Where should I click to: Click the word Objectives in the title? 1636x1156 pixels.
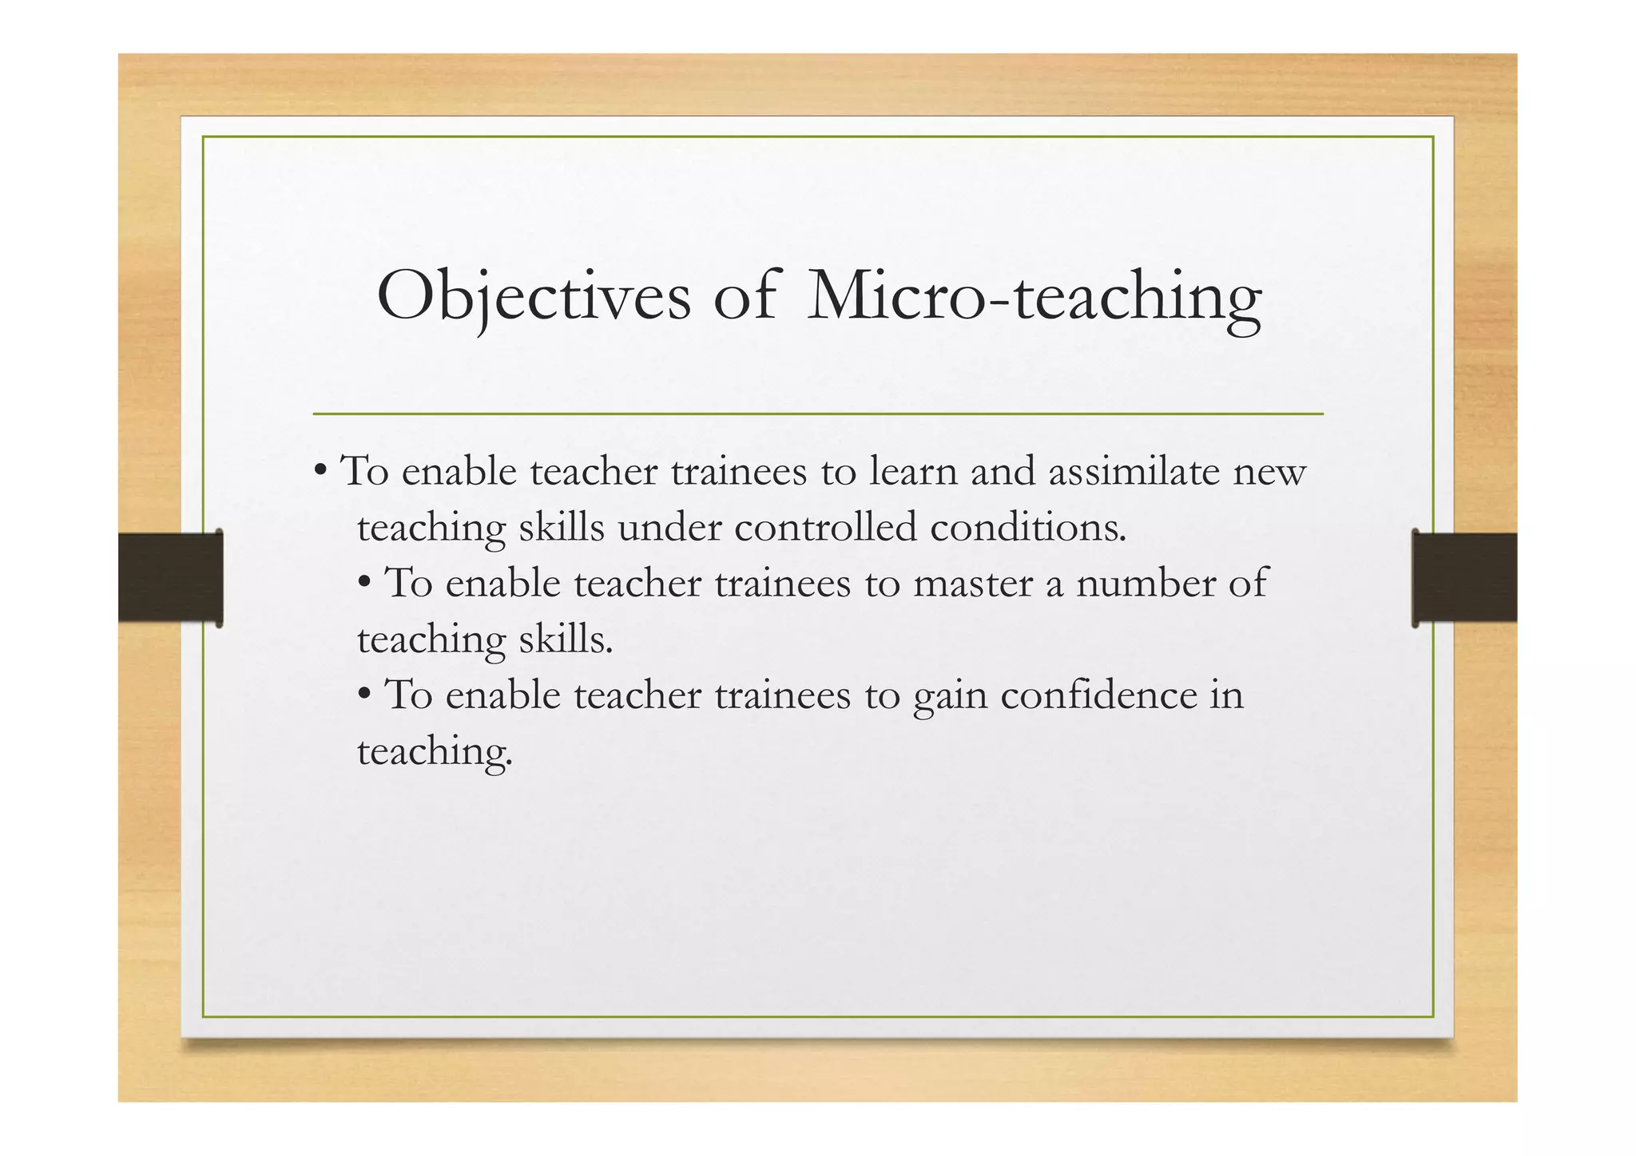tap(534, 297)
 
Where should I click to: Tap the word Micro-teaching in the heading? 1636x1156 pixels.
tap(1034, 297)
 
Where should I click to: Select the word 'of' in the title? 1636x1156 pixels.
tap(744, 297)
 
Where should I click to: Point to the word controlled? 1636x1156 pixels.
tap(825, 528)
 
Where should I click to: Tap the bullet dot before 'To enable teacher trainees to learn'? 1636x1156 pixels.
tap(320, 469)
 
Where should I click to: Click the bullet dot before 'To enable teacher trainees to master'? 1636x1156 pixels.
tap(364, 581)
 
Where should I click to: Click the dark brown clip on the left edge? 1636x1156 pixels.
tap(170, 578)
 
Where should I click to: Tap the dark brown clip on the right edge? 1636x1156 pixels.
tap(1464, 578)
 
